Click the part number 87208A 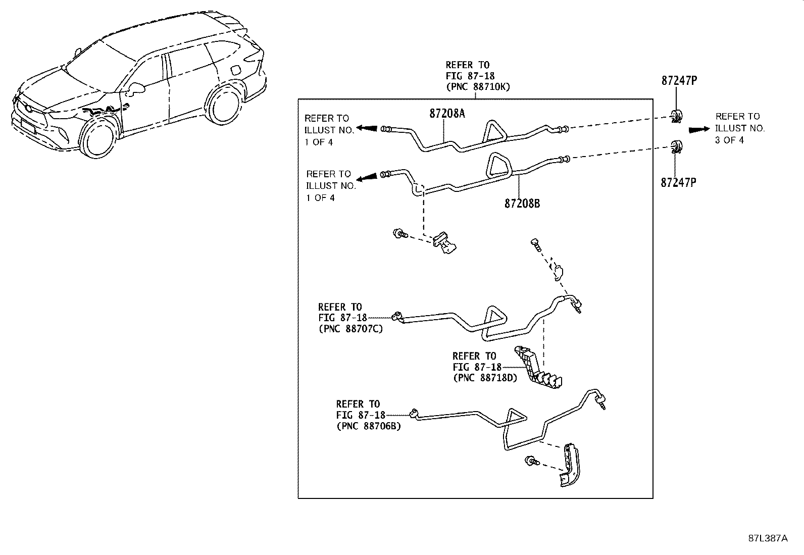(447, 114)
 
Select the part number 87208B (522, 204)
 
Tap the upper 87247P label (679, 80)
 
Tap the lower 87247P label (678, 182)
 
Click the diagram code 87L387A (768, 538)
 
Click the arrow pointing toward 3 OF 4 (699, 129)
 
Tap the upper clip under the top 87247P (676, 116)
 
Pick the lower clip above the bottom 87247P (676, 146)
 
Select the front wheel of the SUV (97, 136)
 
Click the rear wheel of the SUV (224, 106)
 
